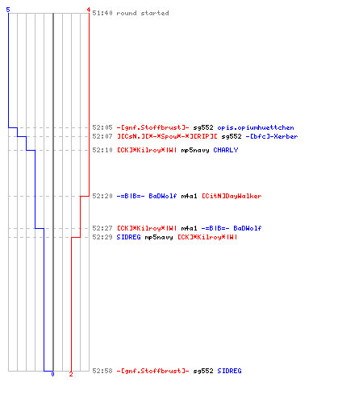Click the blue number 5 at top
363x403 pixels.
click(x=8, y=10)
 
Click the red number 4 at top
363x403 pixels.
click(x=88, y=10)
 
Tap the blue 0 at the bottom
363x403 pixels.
click(x=52, y=374)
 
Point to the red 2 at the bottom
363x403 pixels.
click(x=71, y=374)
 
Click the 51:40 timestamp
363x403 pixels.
click(x=102, y=13)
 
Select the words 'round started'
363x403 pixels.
click(x=143, y=13)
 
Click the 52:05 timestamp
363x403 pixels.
click(x=102, y=127)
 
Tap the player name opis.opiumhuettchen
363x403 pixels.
click(x=256, y=127)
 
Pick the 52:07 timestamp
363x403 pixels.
click(x=102, y=136)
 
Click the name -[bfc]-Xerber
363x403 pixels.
click(x=272, y=136)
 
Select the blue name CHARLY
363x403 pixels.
click(x=226, y=150)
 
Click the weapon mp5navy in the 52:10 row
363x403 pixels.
click(x=195, y=150)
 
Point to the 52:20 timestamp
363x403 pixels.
click(x=102, y=196)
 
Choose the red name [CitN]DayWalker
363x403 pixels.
click(x=232, y=196)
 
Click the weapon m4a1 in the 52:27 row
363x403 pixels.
click(x=189, y=228)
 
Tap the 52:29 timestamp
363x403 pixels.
click(x=102, y=237)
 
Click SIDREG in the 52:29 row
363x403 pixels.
click(x=128, y=237)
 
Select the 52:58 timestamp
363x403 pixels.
click(x=102, y=371)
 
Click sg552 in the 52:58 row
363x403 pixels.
click(x=203, y=371)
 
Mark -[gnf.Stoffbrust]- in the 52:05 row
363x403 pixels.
click(x=152, y=127)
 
